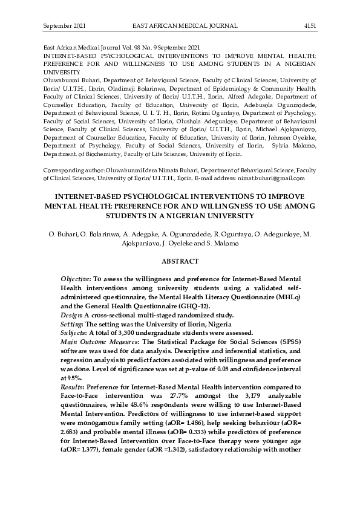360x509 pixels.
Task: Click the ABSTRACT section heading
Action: click(x=180, y=261)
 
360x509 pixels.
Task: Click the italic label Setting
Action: click(x=74, y=325)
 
